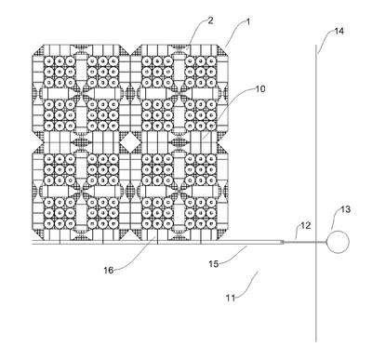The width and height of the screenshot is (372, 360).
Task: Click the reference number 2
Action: click(x=210, y=20)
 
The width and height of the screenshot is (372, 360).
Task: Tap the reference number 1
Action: click(x=247, y=21)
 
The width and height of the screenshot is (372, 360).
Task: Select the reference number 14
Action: click(x=339, y=31)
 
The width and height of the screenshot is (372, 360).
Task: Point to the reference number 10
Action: click(x=260, y=88)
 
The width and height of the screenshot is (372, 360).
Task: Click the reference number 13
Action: click(x=345, y=209)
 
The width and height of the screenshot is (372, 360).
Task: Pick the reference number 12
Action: click(x=305, y=225)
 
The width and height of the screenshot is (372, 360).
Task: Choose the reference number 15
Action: click(x=213, y=264)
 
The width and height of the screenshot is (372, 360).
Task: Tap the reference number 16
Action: click(x=109, y=271)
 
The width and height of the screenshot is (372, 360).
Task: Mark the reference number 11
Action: click(x=231, y=298)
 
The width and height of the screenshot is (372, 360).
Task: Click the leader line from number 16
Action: click(x=136, y=258)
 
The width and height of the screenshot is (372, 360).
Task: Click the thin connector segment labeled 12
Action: click(x=300, y=242)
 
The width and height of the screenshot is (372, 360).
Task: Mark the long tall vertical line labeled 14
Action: click(x=316, y=193)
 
